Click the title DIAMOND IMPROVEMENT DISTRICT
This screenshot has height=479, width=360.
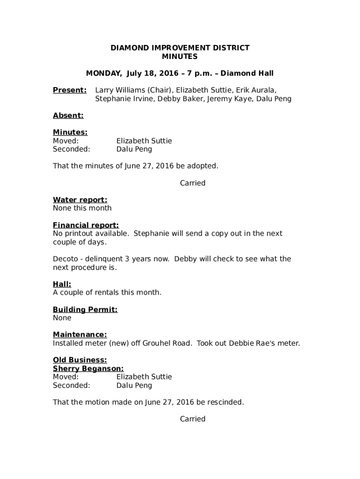180,48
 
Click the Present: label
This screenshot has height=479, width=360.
70,90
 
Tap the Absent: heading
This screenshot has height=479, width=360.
68,116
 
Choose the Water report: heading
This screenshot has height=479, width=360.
80,200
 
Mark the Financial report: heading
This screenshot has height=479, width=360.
86,225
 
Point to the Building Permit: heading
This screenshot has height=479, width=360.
85,310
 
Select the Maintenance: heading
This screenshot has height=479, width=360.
79,335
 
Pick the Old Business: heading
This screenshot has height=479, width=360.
79,360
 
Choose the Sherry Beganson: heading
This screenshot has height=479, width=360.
88,369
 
